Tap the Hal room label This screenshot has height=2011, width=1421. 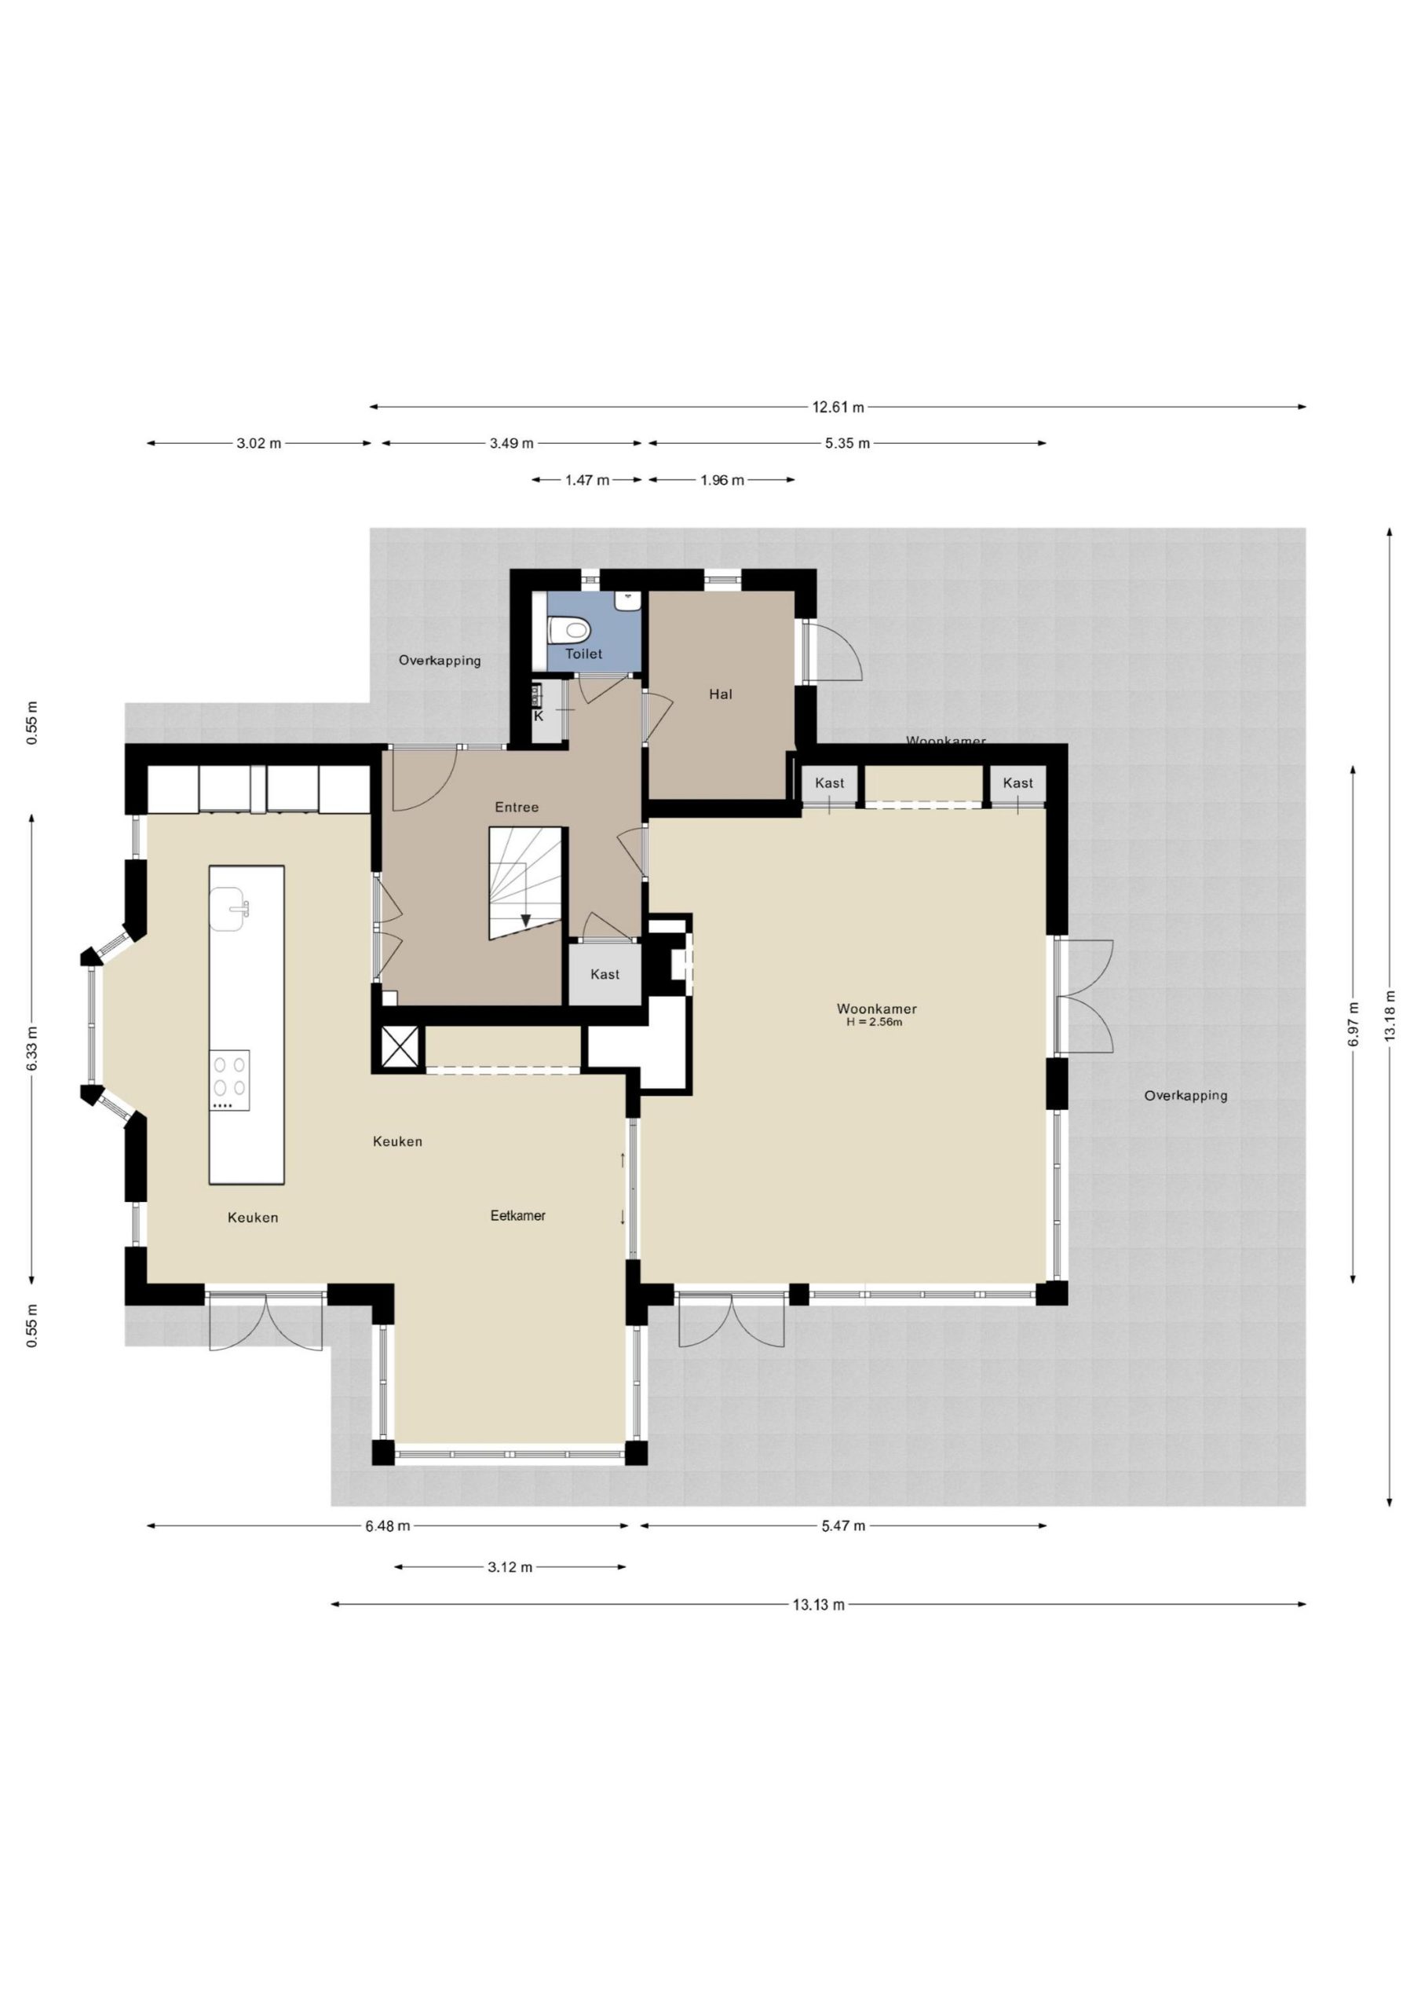point(721,694)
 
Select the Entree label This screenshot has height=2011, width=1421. point(517,808)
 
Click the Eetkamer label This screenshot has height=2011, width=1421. point(517,1216)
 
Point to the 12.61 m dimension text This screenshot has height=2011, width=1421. point(838,407)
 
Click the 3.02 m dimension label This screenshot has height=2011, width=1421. point(259,443)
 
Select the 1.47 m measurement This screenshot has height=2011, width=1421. point(586,480)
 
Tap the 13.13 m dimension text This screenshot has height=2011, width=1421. point(819,1605)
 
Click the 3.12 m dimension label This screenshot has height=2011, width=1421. point(510,1567)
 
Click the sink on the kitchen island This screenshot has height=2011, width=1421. point(229,908)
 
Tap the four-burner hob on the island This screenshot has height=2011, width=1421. point(229,1080)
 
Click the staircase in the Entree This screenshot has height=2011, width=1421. point(524,882)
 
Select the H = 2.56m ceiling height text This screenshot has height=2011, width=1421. point(875,1021)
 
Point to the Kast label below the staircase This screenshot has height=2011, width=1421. point(605,974)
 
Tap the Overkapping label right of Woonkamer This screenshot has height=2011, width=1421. point(1185,1096)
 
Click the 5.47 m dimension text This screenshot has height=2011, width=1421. point(843,1526)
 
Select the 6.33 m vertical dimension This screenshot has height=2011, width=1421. point(32,1049)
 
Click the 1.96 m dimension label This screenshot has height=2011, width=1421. point(722,480)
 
